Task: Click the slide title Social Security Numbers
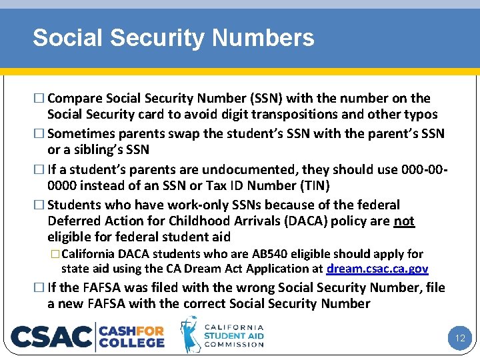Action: pyautogui.click(x=173, y=38)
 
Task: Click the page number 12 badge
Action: pyautogui.click(x=459, y=338)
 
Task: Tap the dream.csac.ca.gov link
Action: pyautogui.click(x=377, y=269)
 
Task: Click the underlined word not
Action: pyautogui.click(x=403, y=221)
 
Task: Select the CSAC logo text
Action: pyautogui.click(x=52, y=337)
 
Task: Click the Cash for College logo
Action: pyautogui.click(x=132, y=337)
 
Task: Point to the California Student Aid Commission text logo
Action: pyautogui.click(x=233, y=336)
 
